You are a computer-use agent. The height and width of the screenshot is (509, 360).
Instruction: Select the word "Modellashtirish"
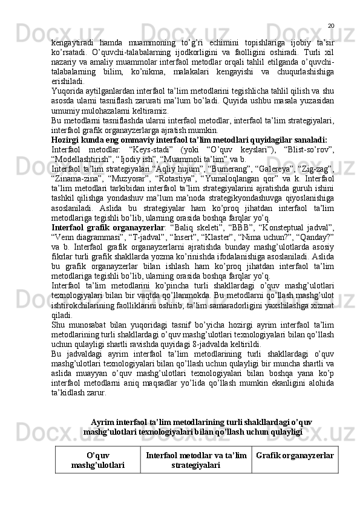pyautogui.click(x=80, y=158)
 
